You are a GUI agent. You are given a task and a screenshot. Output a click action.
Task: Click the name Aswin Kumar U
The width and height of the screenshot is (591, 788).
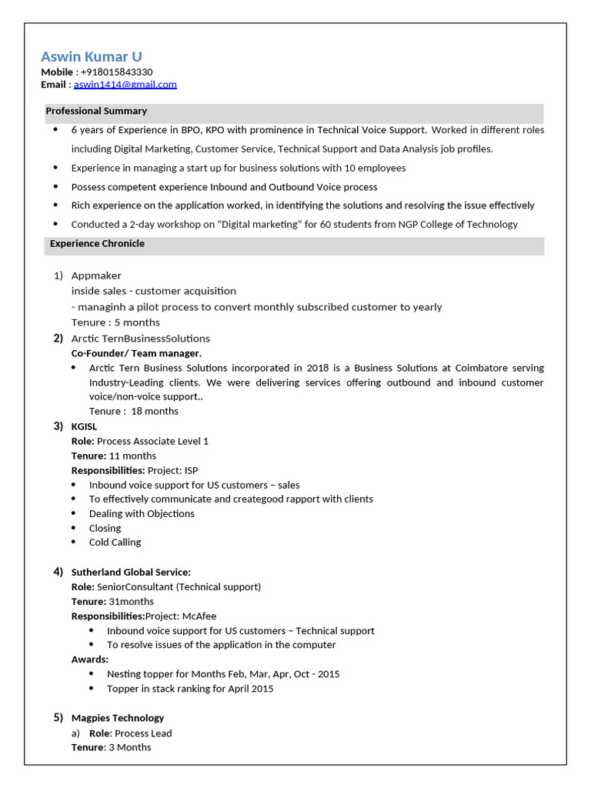91,56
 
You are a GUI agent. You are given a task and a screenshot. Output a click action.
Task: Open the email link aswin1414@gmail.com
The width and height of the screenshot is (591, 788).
125,85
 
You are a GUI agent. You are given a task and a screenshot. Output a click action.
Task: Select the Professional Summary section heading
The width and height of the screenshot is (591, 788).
96,111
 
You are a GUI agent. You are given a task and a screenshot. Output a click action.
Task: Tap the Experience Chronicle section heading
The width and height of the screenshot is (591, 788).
97,243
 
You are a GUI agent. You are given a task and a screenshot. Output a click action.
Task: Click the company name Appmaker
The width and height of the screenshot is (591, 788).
96,275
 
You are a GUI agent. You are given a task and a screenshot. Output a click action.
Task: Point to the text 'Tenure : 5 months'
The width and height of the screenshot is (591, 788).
115,322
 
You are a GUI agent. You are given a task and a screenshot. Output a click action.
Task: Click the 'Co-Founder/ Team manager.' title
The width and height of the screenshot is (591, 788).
136,353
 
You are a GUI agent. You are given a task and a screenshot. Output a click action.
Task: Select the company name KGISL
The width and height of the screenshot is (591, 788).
85,426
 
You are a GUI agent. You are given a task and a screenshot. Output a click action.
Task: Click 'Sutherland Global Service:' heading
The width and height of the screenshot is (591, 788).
131,572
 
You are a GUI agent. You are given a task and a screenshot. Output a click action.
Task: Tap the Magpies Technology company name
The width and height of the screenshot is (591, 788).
118,718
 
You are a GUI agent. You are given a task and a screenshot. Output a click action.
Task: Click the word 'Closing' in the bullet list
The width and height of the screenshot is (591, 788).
105,528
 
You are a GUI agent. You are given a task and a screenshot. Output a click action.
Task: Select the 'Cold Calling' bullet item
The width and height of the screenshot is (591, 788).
115,542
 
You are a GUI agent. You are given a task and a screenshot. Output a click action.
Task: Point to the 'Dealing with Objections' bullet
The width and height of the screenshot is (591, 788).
142,513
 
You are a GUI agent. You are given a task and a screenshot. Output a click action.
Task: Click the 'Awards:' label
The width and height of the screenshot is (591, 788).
90,659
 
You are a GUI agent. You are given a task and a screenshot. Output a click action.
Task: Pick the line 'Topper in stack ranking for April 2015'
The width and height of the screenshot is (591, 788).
190,689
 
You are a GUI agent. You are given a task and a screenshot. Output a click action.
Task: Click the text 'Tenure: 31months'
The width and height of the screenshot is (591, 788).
112,601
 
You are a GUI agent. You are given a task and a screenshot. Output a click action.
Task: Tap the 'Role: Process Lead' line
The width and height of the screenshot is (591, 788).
130,733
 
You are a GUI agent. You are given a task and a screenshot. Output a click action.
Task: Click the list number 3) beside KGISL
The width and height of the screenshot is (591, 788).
58,426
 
